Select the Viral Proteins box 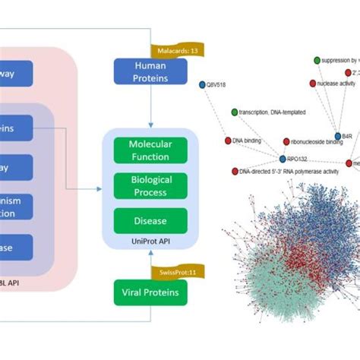(150, 292)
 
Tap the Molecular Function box (150, 150)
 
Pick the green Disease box (150, 221)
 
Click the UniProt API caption (150, 242)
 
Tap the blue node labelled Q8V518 (202, 85)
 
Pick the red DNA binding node (228, 141)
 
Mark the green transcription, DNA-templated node (234, 112)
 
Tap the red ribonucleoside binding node (284, 141)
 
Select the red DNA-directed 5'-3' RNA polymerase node (233, 172)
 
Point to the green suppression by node (316, 59)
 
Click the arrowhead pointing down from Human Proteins (150, 125)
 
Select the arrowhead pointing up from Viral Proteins (150, 253)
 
